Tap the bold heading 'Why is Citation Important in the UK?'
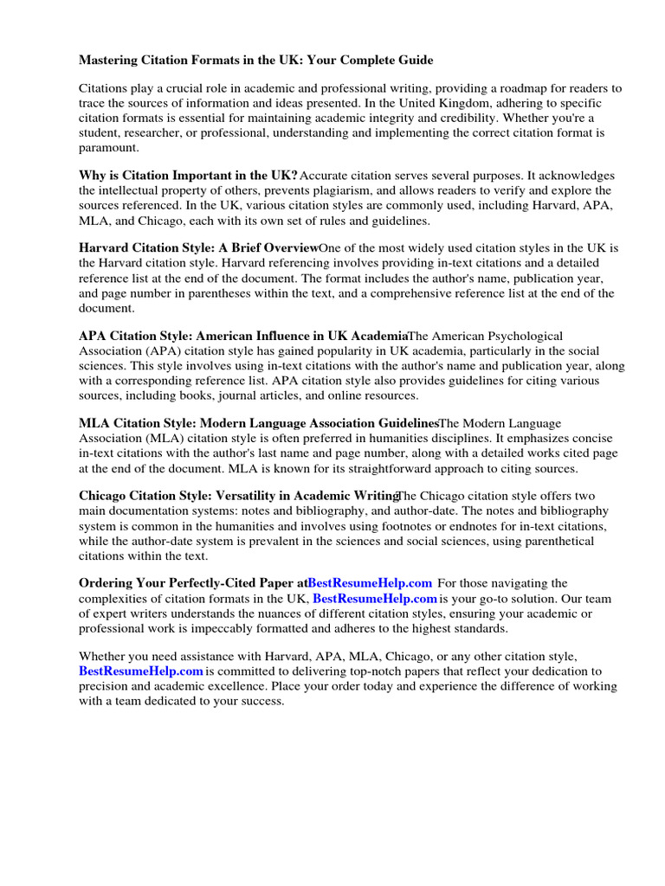click(x=188, y=176)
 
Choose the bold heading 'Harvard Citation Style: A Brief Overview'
click(x=198, y=248)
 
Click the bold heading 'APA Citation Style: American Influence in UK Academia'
click(x=242, y=336)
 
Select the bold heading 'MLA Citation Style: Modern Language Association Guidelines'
click(x=259, y=424)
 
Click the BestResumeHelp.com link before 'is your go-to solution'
click(x=374, y=599)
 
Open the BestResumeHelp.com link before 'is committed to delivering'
click(x=141, y=671)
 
